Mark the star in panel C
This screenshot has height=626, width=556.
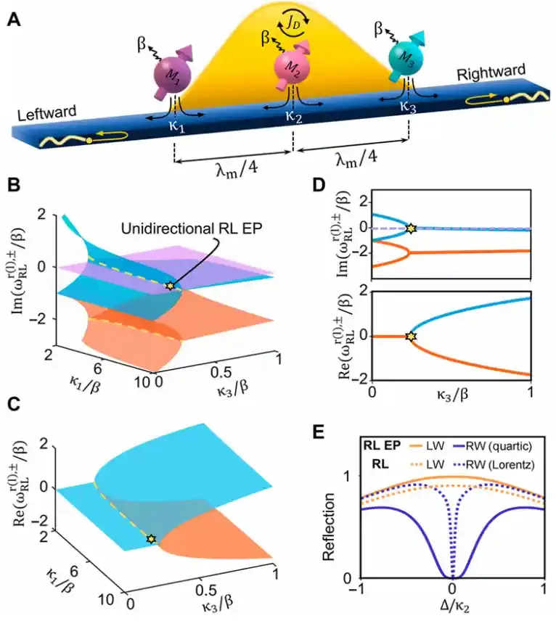150,540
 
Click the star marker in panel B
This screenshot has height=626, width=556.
170,286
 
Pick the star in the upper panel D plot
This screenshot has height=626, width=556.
411,228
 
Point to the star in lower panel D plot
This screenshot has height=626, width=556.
411,337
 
